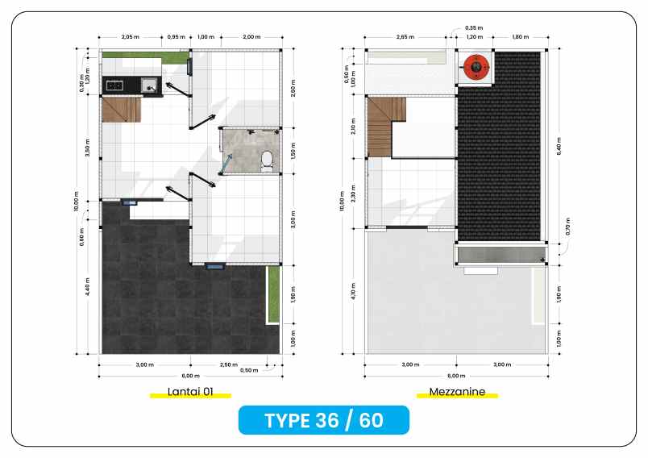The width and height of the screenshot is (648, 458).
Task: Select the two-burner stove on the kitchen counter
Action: pyautogui.click(x=113, y=84)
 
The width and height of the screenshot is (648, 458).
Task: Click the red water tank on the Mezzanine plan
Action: pyautogui.click(x=476, y=66)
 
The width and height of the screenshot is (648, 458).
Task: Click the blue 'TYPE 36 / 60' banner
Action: pyautogui.click(x=323, y=420)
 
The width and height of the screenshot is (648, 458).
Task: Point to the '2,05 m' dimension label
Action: pyautogui.click(x=131, y=37)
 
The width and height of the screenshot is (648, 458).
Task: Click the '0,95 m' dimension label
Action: pyautogui.click(x=177, y=37)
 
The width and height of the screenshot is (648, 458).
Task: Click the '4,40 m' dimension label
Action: pyautogui.click(x=87, y=288)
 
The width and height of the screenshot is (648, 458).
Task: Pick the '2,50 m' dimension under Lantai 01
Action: pyautogui.click(x=228, y=364)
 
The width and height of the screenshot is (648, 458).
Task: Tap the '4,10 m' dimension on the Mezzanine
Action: pyautogui.click(x=353, y=290)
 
